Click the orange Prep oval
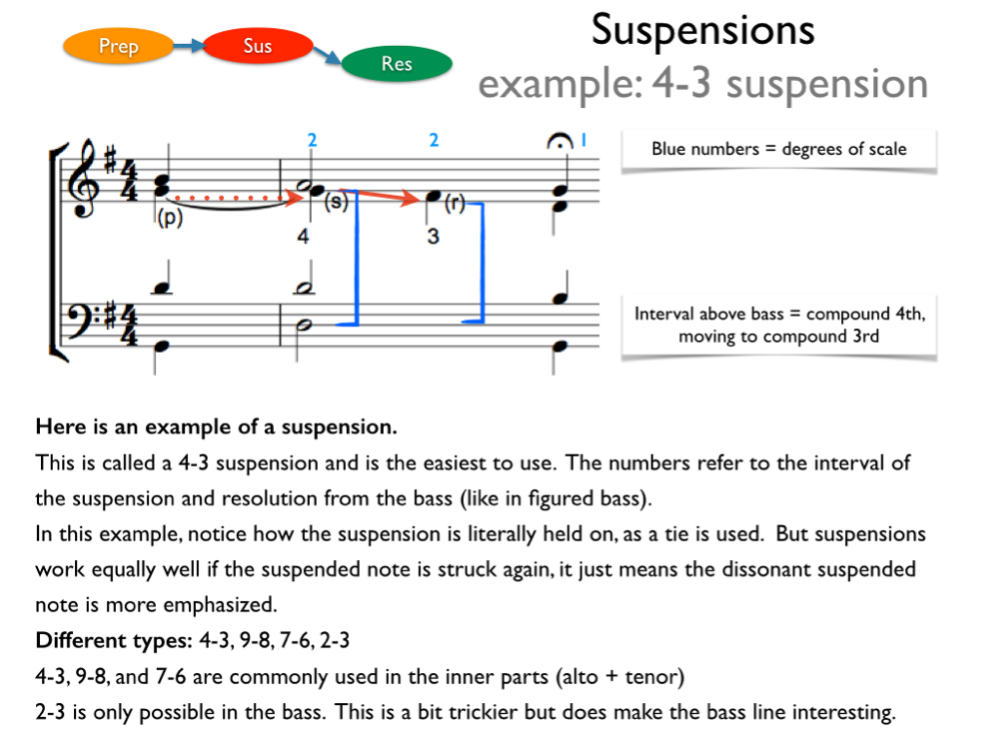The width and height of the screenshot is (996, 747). coord(118,46)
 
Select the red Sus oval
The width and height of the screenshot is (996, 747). coord(257,46)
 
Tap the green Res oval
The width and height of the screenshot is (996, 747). coord(397,64)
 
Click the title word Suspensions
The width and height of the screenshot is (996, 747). coord(702,30)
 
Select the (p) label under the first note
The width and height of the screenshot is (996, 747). coord(169,218)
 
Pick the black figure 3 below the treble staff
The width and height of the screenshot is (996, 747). coord(433,239)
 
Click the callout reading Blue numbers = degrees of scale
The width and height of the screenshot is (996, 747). coord(778,150)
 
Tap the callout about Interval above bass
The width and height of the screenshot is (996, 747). coord(779,326)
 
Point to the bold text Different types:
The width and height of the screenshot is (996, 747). coord(108,640)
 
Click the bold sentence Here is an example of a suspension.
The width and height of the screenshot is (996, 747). coord(216,427)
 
